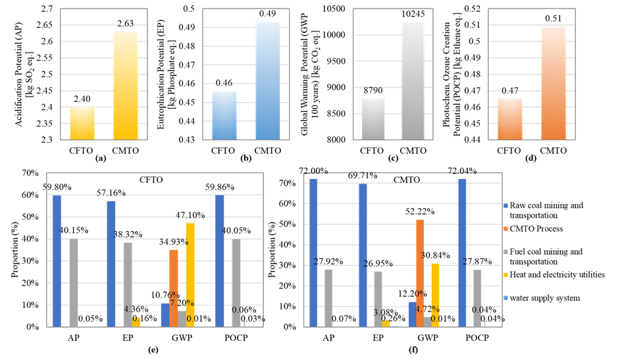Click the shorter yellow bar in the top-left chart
tap(82, 123)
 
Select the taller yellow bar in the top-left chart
tap(126, 85)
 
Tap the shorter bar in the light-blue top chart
tap(224, 115)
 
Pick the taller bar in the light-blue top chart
tap(268, 80)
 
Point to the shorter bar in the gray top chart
tap(373, 119)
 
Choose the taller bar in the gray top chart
tap(413, 80)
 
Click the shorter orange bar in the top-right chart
tap(510, 119)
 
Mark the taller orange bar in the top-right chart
tap(554, 83)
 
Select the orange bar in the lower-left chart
tap(174, 288)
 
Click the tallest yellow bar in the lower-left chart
tap(190, 274)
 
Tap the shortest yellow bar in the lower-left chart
tap(136, 322)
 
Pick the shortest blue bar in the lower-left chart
tap(165, 315)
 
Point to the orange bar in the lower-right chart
tap(420, 272)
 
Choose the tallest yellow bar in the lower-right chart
tap(435, 294)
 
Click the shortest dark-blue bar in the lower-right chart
tap(412, 314)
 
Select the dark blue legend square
tap(505, 206)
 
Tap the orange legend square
tap(505, 229)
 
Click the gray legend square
tap(505, 252)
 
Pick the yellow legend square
tap(505, 275)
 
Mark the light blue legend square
tap(505, 298)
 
